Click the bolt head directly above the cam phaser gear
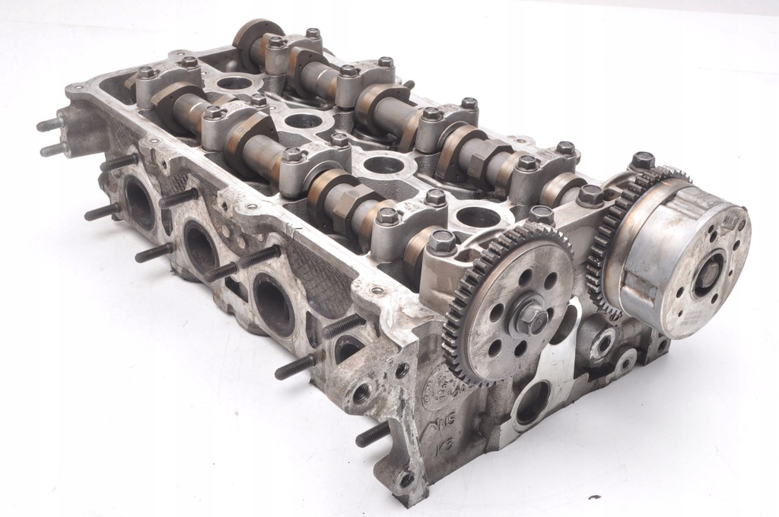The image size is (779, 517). [x=642, y=160]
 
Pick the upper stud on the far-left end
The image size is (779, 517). [x=50, y=124]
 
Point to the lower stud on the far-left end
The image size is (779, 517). [x=54, y=150]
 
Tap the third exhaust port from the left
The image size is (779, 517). [x=274, y=303]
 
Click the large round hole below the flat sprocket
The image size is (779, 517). [x=532, y=402]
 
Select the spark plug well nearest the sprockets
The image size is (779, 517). [x=477, y=217]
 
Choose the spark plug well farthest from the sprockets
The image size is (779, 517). [x=234, y=82]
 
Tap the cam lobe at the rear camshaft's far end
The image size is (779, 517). [x=248, y=33]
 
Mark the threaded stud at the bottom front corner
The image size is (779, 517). [x=373, y=434]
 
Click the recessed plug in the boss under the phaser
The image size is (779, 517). [x=603, y=343]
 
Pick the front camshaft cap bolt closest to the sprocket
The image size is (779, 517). [x=442, y=244]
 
